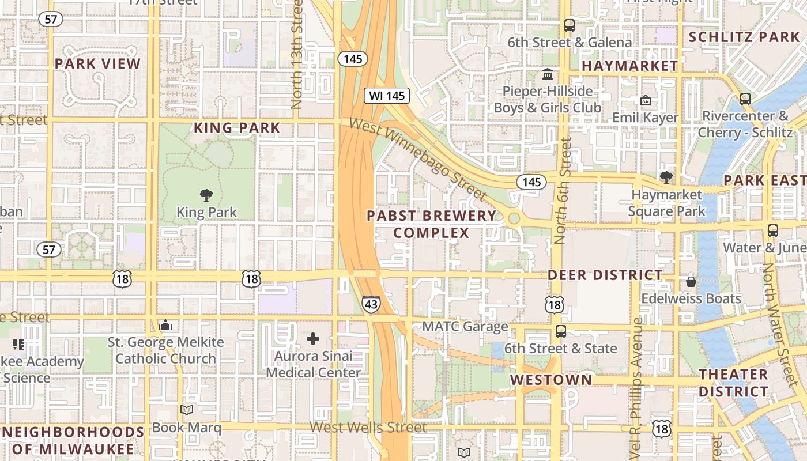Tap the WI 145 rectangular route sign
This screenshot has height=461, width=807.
[387, 96]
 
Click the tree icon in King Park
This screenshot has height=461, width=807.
[206, 195]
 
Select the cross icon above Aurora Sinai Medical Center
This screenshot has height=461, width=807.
[313, 339]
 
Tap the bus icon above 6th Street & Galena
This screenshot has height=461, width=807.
[570, 25]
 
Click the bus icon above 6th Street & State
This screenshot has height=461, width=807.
[560, 331]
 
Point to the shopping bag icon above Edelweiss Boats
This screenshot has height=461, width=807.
[691, 282]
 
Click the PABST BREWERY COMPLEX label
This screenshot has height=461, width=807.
[432, 224]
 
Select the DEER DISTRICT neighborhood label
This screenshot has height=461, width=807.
[605, 275]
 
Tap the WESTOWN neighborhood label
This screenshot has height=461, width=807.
[551, 380]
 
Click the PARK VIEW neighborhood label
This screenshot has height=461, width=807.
[97, 64]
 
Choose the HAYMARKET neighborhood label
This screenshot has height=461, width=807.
[629, 66]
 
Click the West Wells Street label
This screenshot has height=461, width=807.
[368, 428]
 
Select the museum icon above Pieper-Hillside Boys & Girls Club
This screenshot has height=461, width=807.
[548, 74]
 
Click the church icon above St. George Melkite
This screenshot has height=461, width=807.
[165, 326]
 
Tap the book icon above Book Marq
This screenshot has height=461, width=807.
[187, 410]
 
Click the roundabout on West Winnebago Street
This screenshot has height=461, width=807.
[514, 218]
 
